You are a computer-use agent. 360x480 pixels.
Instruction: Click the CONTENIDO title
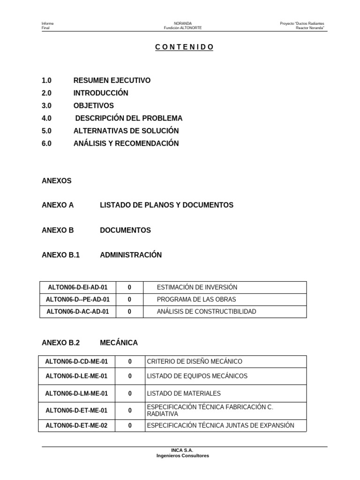(x=184, y=47)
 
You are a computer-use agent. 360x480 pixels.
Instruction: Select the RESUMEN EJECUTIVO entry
(x=112, y=81)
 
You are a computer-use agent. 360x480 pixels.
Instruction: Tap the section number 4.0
(x=46, y=118)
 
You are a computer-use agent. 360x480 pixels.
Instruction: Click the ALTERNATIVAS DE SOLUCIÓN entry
(x=126, y=131)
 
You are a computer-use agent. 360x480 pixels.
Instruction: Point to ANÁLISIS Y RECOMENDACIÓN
(x=126, y=143)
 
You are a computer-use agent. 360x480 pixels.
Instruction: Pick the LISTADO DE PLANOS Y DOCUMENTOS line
(x=166, y=205)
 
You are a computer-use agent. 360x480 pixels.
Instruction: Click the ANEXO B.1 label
(x=61, y=255)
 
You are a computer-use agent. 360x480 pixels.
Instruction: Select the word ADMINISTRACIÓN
(x=131, y=255)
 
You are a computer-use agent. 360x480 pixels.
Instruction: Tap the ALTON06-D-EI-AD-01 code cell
(x=78, y=287)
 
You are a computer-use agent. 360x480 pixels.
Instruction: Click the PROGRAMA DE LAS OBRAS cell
(x=196, y=300)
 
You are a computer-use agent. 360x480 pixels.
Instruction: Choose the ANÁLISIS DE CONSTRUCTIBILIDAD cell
(x=206, y=312)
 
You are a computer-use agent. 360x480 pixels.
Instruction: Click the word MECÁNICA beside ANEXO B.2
(x=119, y=343)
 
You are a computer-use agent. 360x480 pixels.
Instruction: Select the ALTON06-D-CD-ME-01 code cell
(x=76, y=361)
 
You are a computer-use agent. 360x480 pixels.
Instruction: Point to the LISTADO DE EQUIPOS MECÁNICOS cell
(x=197, y=376)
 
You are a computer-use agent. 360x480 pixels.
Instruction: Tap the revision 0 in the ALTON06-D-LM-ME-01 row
(x=130, y=394)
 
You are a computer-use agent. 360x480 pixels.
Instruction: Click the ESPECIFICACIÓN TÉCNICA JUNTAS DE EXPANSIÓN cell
(x=220, y=426)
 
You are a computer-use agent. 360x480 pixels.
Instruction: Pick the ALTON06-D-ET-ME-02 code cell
(x=76, y=426)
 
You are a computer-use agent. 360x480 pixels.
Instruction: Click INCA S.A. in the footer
(x=182, y=450)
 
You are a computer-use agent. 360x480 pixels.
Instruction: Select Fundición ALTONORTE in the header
(x=182, y=28)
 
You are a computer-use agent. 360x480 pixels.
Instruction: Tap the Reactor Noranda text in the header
(x=310, y=28)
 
